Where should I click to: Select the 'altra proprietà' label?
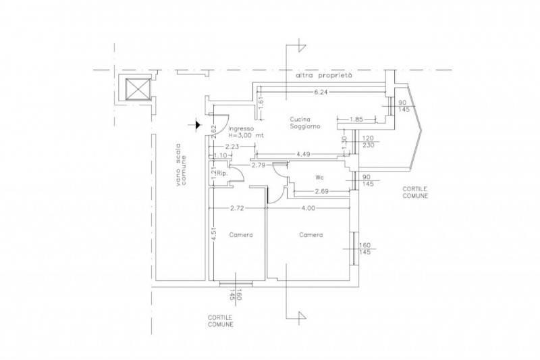pyautogui.click(x=324, y=76)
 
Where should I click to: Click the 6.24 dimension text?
pyautogui.click(x=320, y=92)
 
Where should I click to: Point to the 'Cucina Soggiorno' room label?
pyautogui.click(x=305, y=123)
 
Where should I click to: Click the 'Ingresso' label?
pyautogui.click(x=241, y=128)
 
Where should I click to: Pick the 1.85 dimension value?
pyautogui.click(x=356, y=120)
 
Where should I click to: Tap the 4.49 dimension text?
pyautogui.click(x=303, y=154)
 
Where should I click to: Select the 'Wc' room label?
pyautogui.click(x=319, y=178)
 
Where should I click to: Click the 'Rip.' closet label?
pyautogui.click(x=223, y=174)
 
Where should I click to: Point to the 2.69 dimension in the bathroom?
pyautogui.click(x=322, y=191)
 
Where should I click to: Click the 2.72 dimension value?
pyautogui.click(x=238, y=208)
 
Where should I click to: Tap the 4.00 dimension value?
pyautogui.click(x=308, y=208)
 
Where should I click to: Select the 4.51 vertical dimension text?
pyautogui.click(x=214, y=233)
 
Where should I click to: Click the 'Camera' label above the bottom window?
pyautogui.click(x=241, y=235)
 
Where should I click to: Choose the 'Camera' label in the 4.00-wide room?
pyautogui.click(x=311, y=235)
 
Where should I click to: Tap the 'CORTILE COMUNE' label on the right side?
pyautogui.click(x=415, y=192)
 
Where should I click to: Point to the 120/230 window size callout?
pyautogui.click(x=368, y=142)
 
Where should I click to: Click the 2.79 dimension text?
pyautogui.click(x=259, y=165)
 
